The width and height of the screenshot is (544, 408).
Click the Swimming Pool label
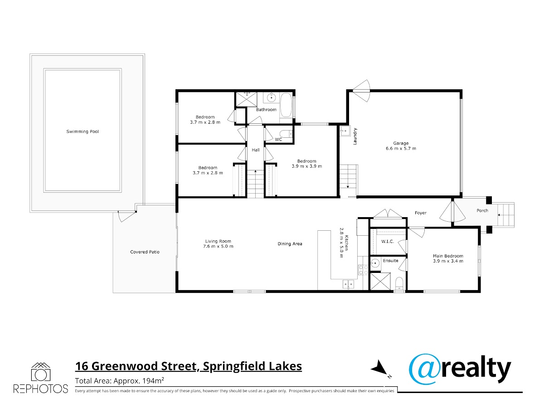(83, 131)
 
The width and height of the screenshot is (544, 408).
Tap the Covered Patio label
(145, 252)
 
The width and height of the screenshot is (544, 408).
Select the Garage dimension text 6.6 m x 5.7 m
(401, 149)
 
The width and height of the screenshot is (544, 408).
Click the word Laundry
(355, 136)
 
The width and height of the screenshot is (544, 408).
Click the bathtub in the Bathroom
(286, 105)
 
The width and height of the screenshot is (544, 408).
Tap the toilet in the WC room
(288, 134)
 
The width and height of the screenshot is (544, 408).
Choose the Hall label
(256, 150)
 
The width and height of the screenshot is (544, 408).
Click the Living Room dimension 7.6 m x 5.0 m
(218, 247)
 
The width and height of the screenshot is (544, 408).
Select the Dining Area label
(290, 244)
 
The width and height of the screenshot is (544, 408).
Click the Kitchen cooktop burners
(363, 270)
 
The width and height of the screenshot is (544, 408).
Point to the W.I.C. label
(388, 242)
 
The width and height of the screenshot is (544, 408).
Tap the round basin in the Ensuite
(375, 262)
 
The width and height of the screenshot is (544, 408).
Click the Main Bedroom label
(448, 256)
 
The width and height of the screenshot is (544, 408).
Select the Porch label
(482, 210)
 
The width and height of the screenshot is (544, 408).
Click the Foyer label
(421, 213)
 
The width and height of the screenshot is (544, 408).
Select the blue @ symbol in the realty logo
(423, 369)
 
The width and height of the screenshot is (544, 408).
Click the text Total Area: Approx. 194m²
(120, 380)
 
